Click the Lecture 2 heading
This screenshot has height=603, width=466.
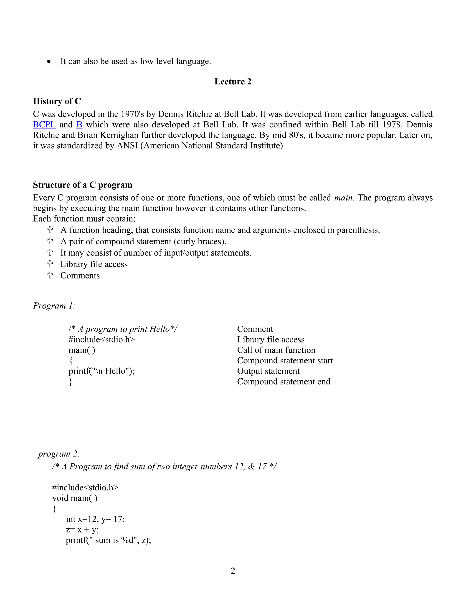pyautogui.click(x=233, y=81)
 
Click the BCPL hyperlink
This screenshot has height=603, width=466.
pyautogui.click(x=44, y=124)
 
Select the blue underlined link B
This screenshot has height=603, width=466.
pyautogui.click(x=79, y=124)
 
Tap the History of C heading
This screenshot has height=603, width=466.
pyautogui.click(x=57, y=101)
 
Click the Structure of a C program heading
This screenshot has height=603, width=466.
pyautogui.click(x=83, y=185)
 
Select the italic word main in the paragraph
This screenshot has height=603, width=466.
pyautogui.click(x=343, y=198)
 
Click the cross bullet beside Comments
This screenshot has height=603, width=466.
pyautogui.click(x=50, y=275)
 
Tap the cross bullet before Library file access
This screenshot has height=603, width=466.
pyautogui.click(x=50, y=264)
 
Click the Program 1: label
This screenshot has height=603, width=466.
pyautogui.click(x=54, y=306)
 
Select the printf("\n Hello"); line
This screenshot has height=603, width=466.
pyautogui.click(x=101, y=371)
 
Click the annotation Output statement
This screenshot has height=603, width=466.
pyautogui.click(x=268, y=371)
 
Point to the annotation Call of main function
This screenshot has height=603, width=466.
pyautogui.click(x=276, y=350)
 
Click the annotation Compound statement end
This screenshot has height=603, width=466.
pyautogui.click(x=284, y=382)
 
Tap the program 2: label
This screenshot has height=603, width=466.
pyautogui.click(x=59, y=454)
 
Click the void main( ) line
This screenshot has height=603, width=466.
pyautogui.click(x=75, y=498)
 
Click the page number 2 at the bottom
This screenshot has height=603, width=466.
pyautogui.click(x=233, y=571)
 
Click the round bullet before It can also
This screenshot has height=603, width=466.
pyautogui.click(x=49, y=62)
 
